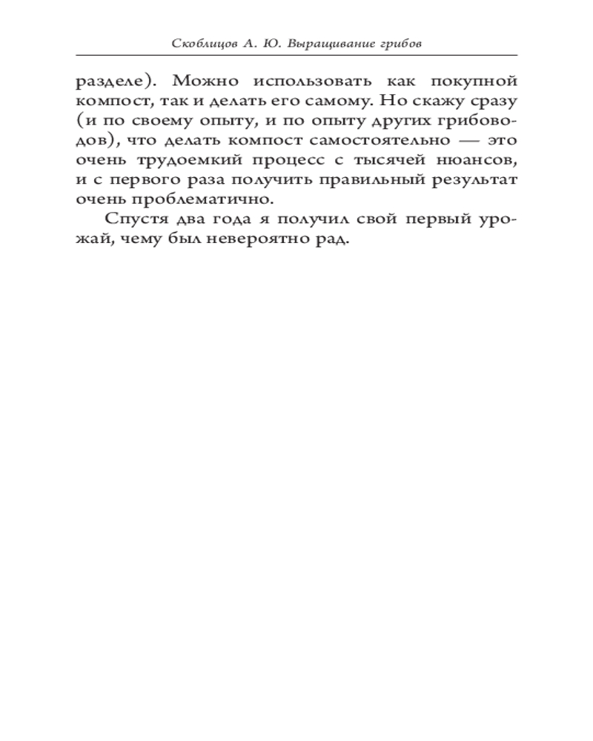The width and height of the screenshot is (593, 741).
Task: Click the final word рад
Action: (334, 239)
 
